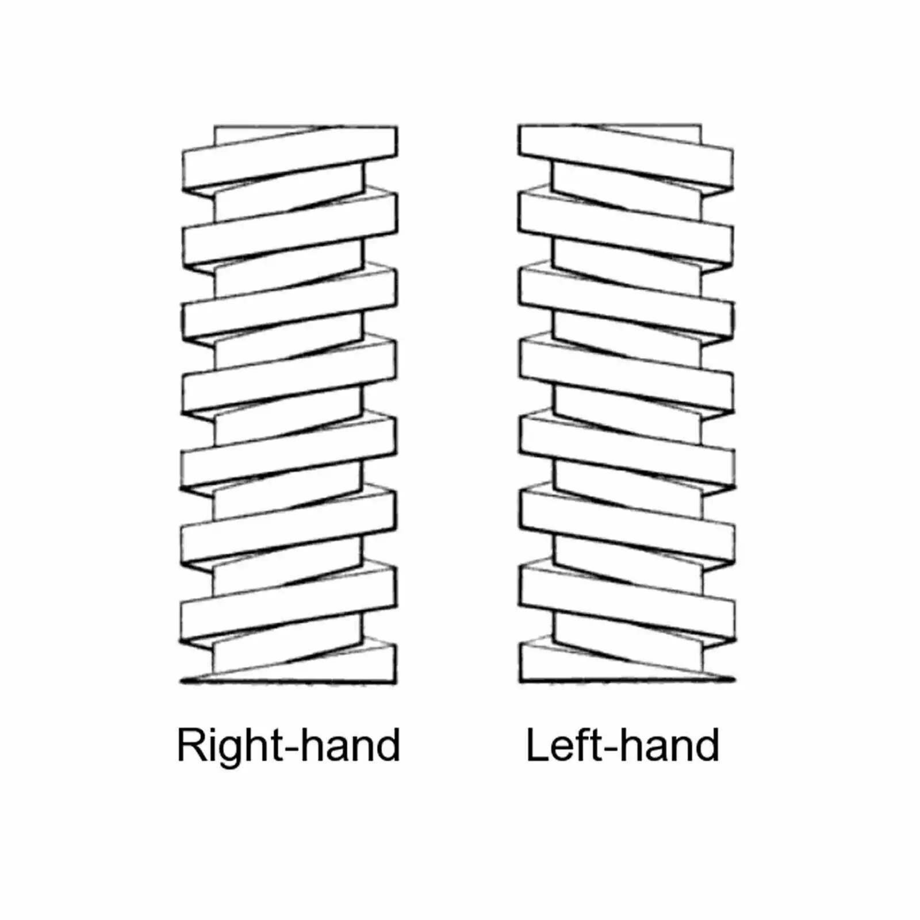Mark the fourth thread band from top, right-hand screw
[289, 376]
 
